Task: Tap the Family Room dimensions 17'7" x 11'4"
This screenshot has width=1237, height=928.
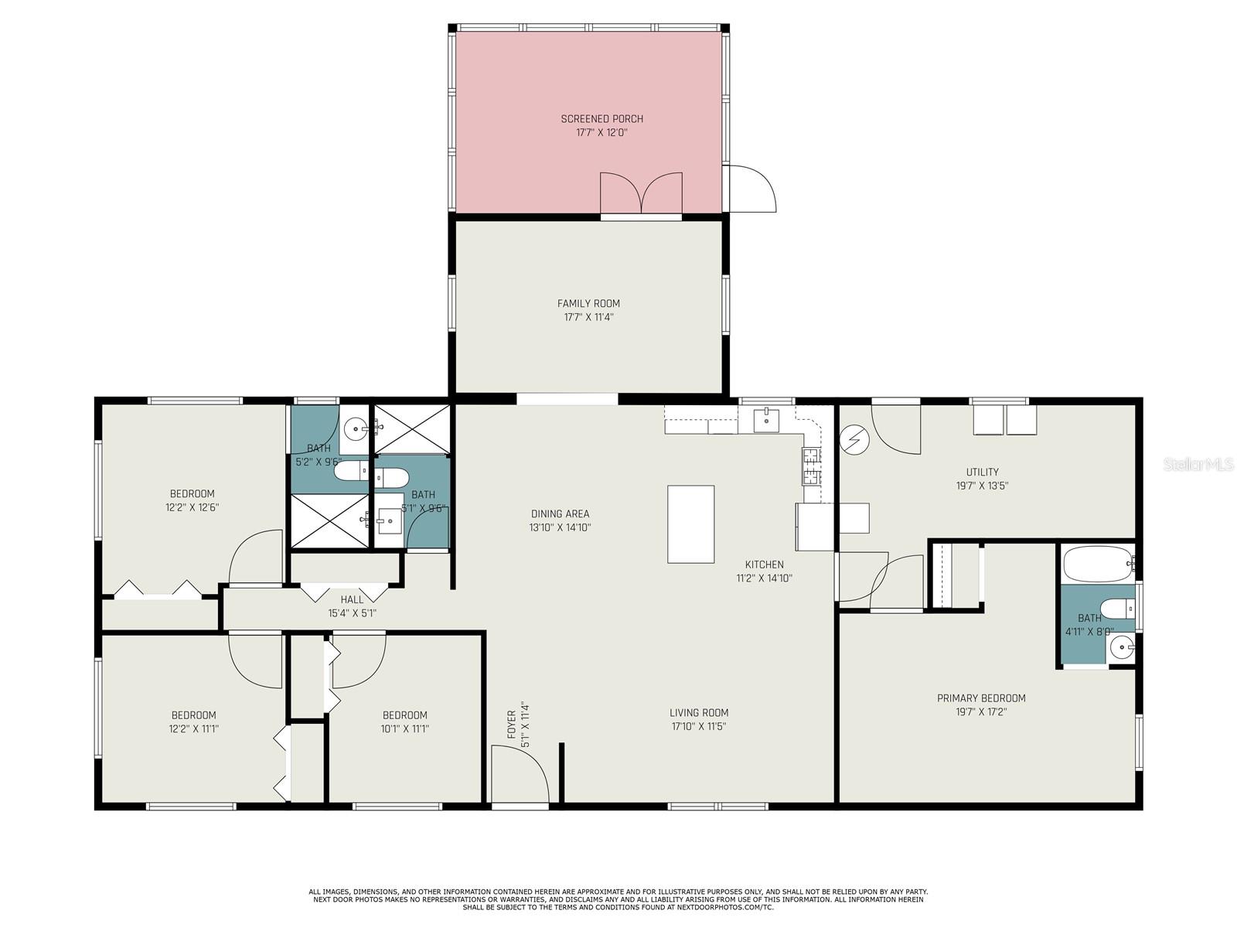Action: (588, 317)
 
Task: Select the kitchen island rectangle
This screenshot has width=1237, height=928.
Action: (690, 524)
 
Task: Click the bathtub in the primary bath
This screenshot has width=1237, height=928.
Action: (1096, 564)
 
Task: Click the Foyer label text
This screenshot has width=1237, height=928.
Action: (511, 725)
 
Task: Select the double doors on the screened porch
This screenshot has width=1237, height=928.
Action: (642, 193)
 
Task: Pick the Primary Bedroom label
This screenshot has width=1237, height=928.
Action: (981, 698)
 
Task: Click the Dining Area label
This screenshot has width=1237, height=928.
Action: (560, 513)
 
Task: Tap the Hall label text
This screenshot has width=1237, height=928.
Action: (352, 599)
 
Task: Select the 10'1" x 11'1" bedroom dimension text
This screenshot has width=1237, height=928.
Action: (404, 728)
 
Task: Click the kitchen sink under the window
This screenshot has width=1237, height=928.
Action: (765, 421)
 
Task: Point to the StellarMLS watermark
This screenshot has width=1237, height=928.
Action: (1199, 464)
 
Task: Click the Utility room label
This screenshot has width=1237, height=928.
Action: (982, 472)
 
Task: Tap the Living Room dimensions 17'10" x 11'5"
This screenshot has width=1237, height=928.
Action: (698, 726)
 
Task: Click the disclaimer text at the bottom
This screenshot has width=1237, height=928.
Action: (618, 899)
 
